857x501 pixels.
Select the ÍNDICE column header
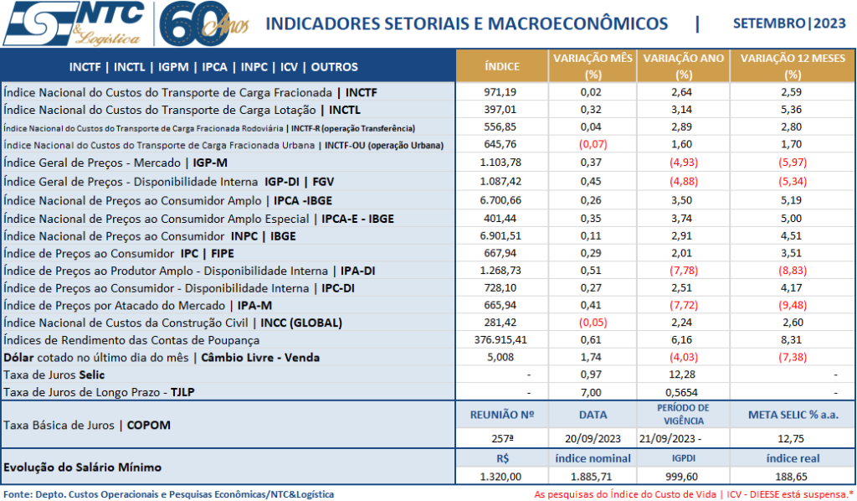point(502,66)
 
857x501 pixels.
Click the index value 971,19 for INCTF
point(502,91)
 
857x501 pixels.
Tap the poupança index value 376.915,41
point(502,339)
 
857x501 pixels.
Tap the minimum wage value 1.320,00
point(502,476)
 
